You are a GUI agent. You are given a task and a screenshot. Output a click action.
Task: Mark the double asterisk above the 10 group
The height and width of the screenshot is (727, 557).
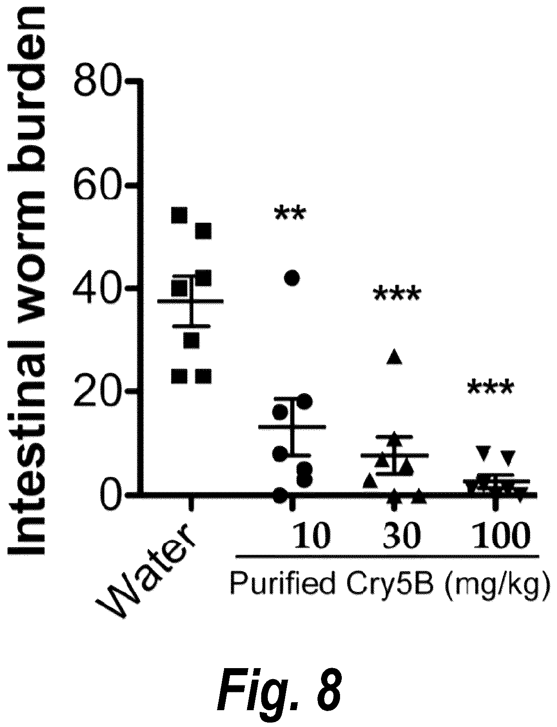[290, 214]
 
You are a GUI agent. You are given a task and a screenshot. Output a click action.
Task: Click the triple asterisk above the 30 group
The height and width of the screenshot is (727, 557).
[396, 295]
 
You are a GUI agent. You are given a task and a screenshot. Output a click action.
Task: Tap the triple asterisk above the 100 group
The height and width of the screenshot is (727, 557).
[490, 388]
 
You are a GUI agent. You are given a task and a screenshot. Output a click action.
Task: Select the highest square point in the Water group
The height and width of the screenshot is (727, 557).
[179, 215]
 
